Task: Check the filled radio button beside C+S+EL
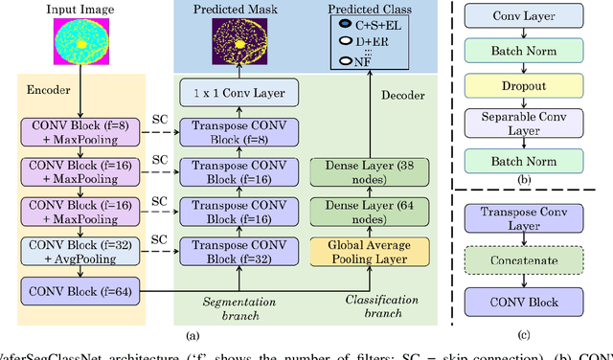click(348, 26)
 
